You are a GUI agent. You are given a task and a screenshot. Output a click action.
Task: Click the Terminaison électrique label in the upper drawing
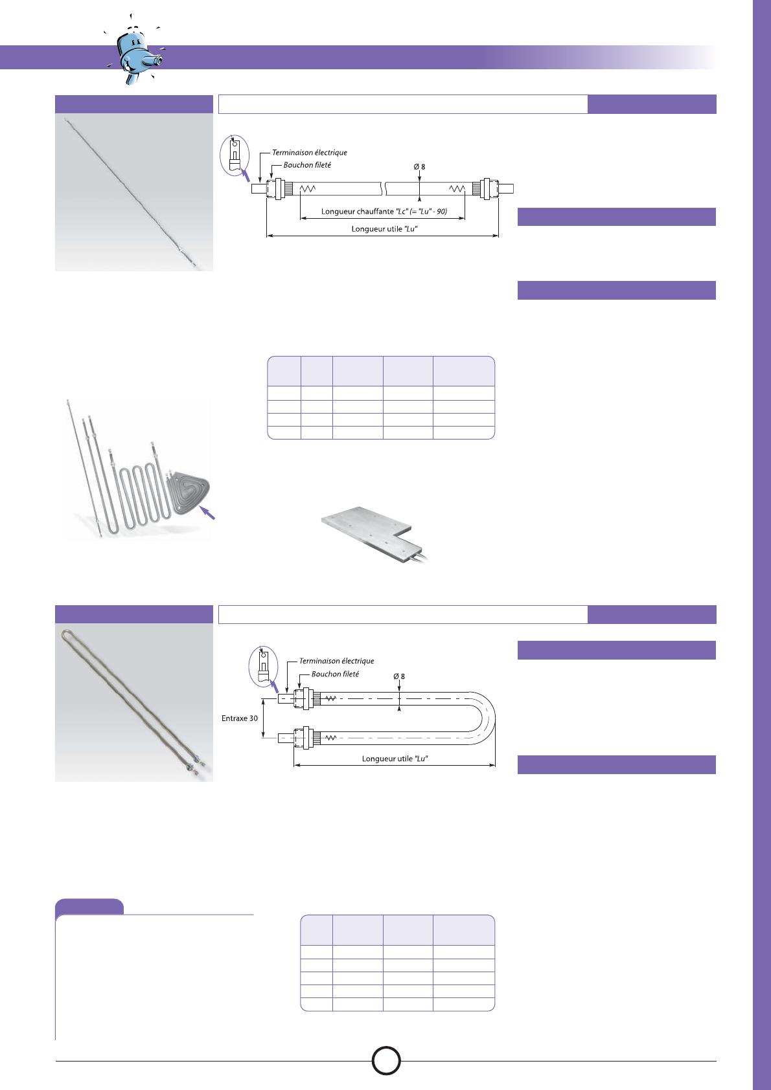pos(309,152)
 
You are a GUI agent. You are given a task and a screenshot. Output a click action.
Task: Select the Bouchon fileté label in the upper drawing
pos(307,165)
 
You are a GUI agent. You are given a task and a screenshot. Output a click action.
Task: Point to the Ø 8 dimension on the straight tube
pos(419,166)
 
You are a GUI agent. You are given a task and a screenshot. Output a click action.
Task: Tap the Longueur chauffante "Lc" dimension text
pos(384,211)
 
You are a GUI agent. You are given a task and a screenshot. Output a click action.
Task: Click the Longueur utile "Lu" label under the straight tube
pos(384,228)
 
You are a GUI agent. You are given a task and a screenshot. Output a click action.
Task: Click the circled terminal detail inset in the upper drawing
pos(235,154)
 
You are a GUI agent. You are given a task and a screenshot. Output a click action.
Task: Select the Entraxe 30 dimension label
pos(239,718)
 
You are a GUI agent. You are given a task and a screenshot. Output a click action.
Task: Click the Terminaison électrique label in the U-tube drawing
pos(336,661)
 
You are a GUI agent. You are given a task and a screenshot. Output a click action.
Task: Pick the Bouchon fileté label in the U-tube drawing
pos(335,674)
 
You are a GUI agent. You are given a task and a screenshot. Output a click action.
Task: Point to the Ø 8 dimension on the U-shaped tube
pos(399,676)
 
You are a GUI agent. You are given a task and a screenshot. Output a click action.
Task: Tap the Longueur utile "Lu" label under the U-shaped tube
pos(395,759)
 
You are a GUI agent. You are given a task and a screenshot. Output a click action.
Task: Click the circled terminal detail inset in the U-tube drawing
pos(264,666)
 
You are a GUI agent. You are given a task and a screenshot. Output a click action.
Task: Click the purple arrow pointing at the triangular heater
pos(208,513)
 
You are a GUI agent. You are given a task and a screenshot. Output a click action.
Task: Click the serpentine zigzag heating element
pos(139,494)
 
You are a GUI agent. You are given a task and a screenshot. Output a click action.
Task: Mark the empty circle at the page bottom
pos(386,1061)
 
